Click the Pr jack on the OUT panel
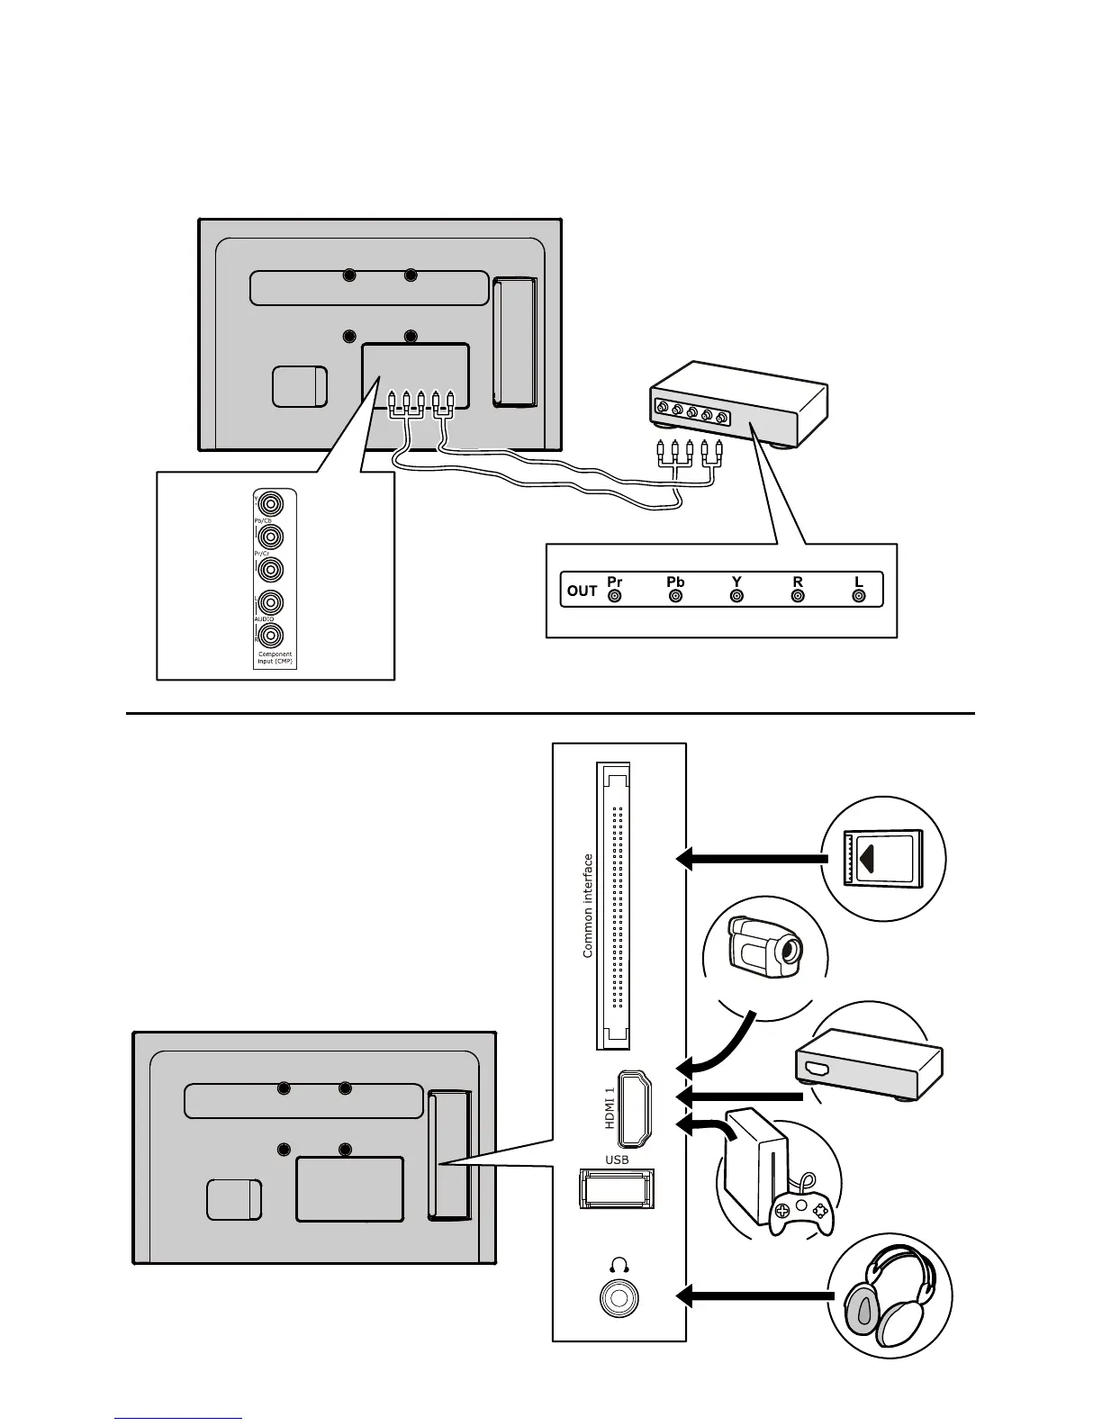(x=615, y=596)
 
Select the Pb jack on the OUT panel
(x=676, y=596)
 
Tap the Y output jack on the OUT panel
(x=737, y=596)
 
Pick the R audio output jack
(x=798, y=596)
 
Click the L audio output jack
(x=859, y=596)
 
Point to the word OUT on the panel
(x=583, y=591)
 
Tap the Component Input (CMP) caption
(x=275, y=658)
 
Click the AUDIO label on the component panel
(x=263, y=619)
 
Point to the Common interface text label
(x=588, y=906)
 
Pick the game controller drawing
(x=799, y=1214)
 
